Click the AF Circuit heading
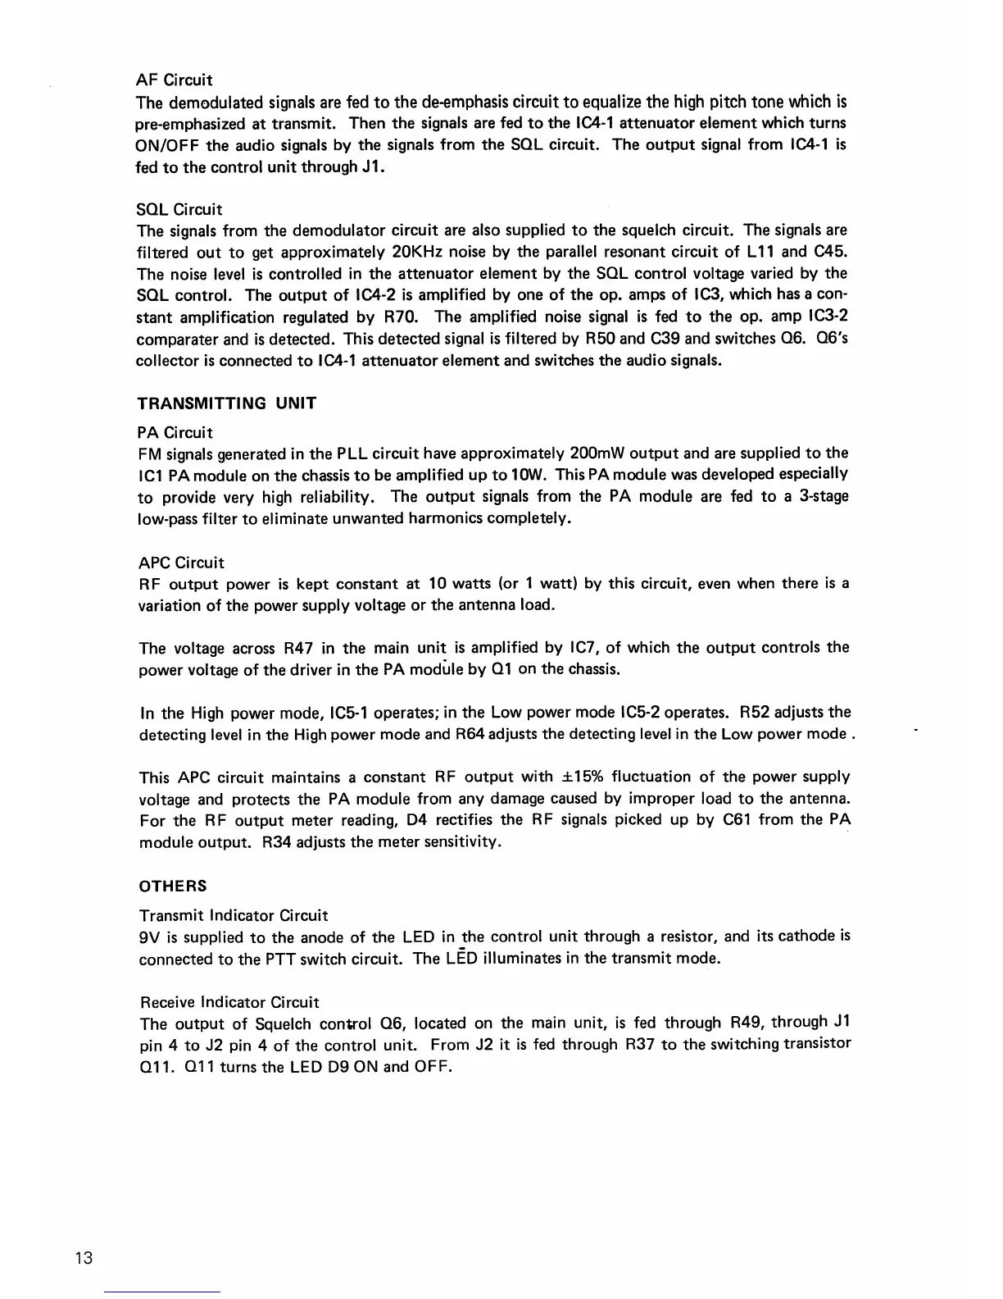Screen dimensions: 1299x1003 pyautogui.click(x=175, y=80)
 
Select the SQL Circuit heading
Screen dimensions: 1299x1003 pyautogui.click(x=179, y=209)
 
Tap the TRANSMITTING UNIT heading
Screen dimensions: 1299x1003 pyautogui.click(x=227, y=403)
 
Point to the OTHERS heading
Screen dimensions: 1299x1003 pyautogui.click(x=173, y=887)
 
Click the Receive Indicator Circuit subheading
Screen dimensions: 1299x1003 pyautogui.click(x=229, y=1002)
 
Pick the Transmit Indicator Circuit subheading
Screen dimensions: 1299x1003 pyautogui.click(x=234, y=915)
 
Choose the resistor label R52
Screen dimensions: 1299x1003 pyautogui.click(x=758, y=712)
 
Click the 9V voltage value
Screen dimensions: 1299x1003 pyautogui.click(x=150, y=937)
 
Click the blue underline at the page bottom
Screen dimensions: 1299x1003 pyautogui.click(x=163, y=1292)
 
